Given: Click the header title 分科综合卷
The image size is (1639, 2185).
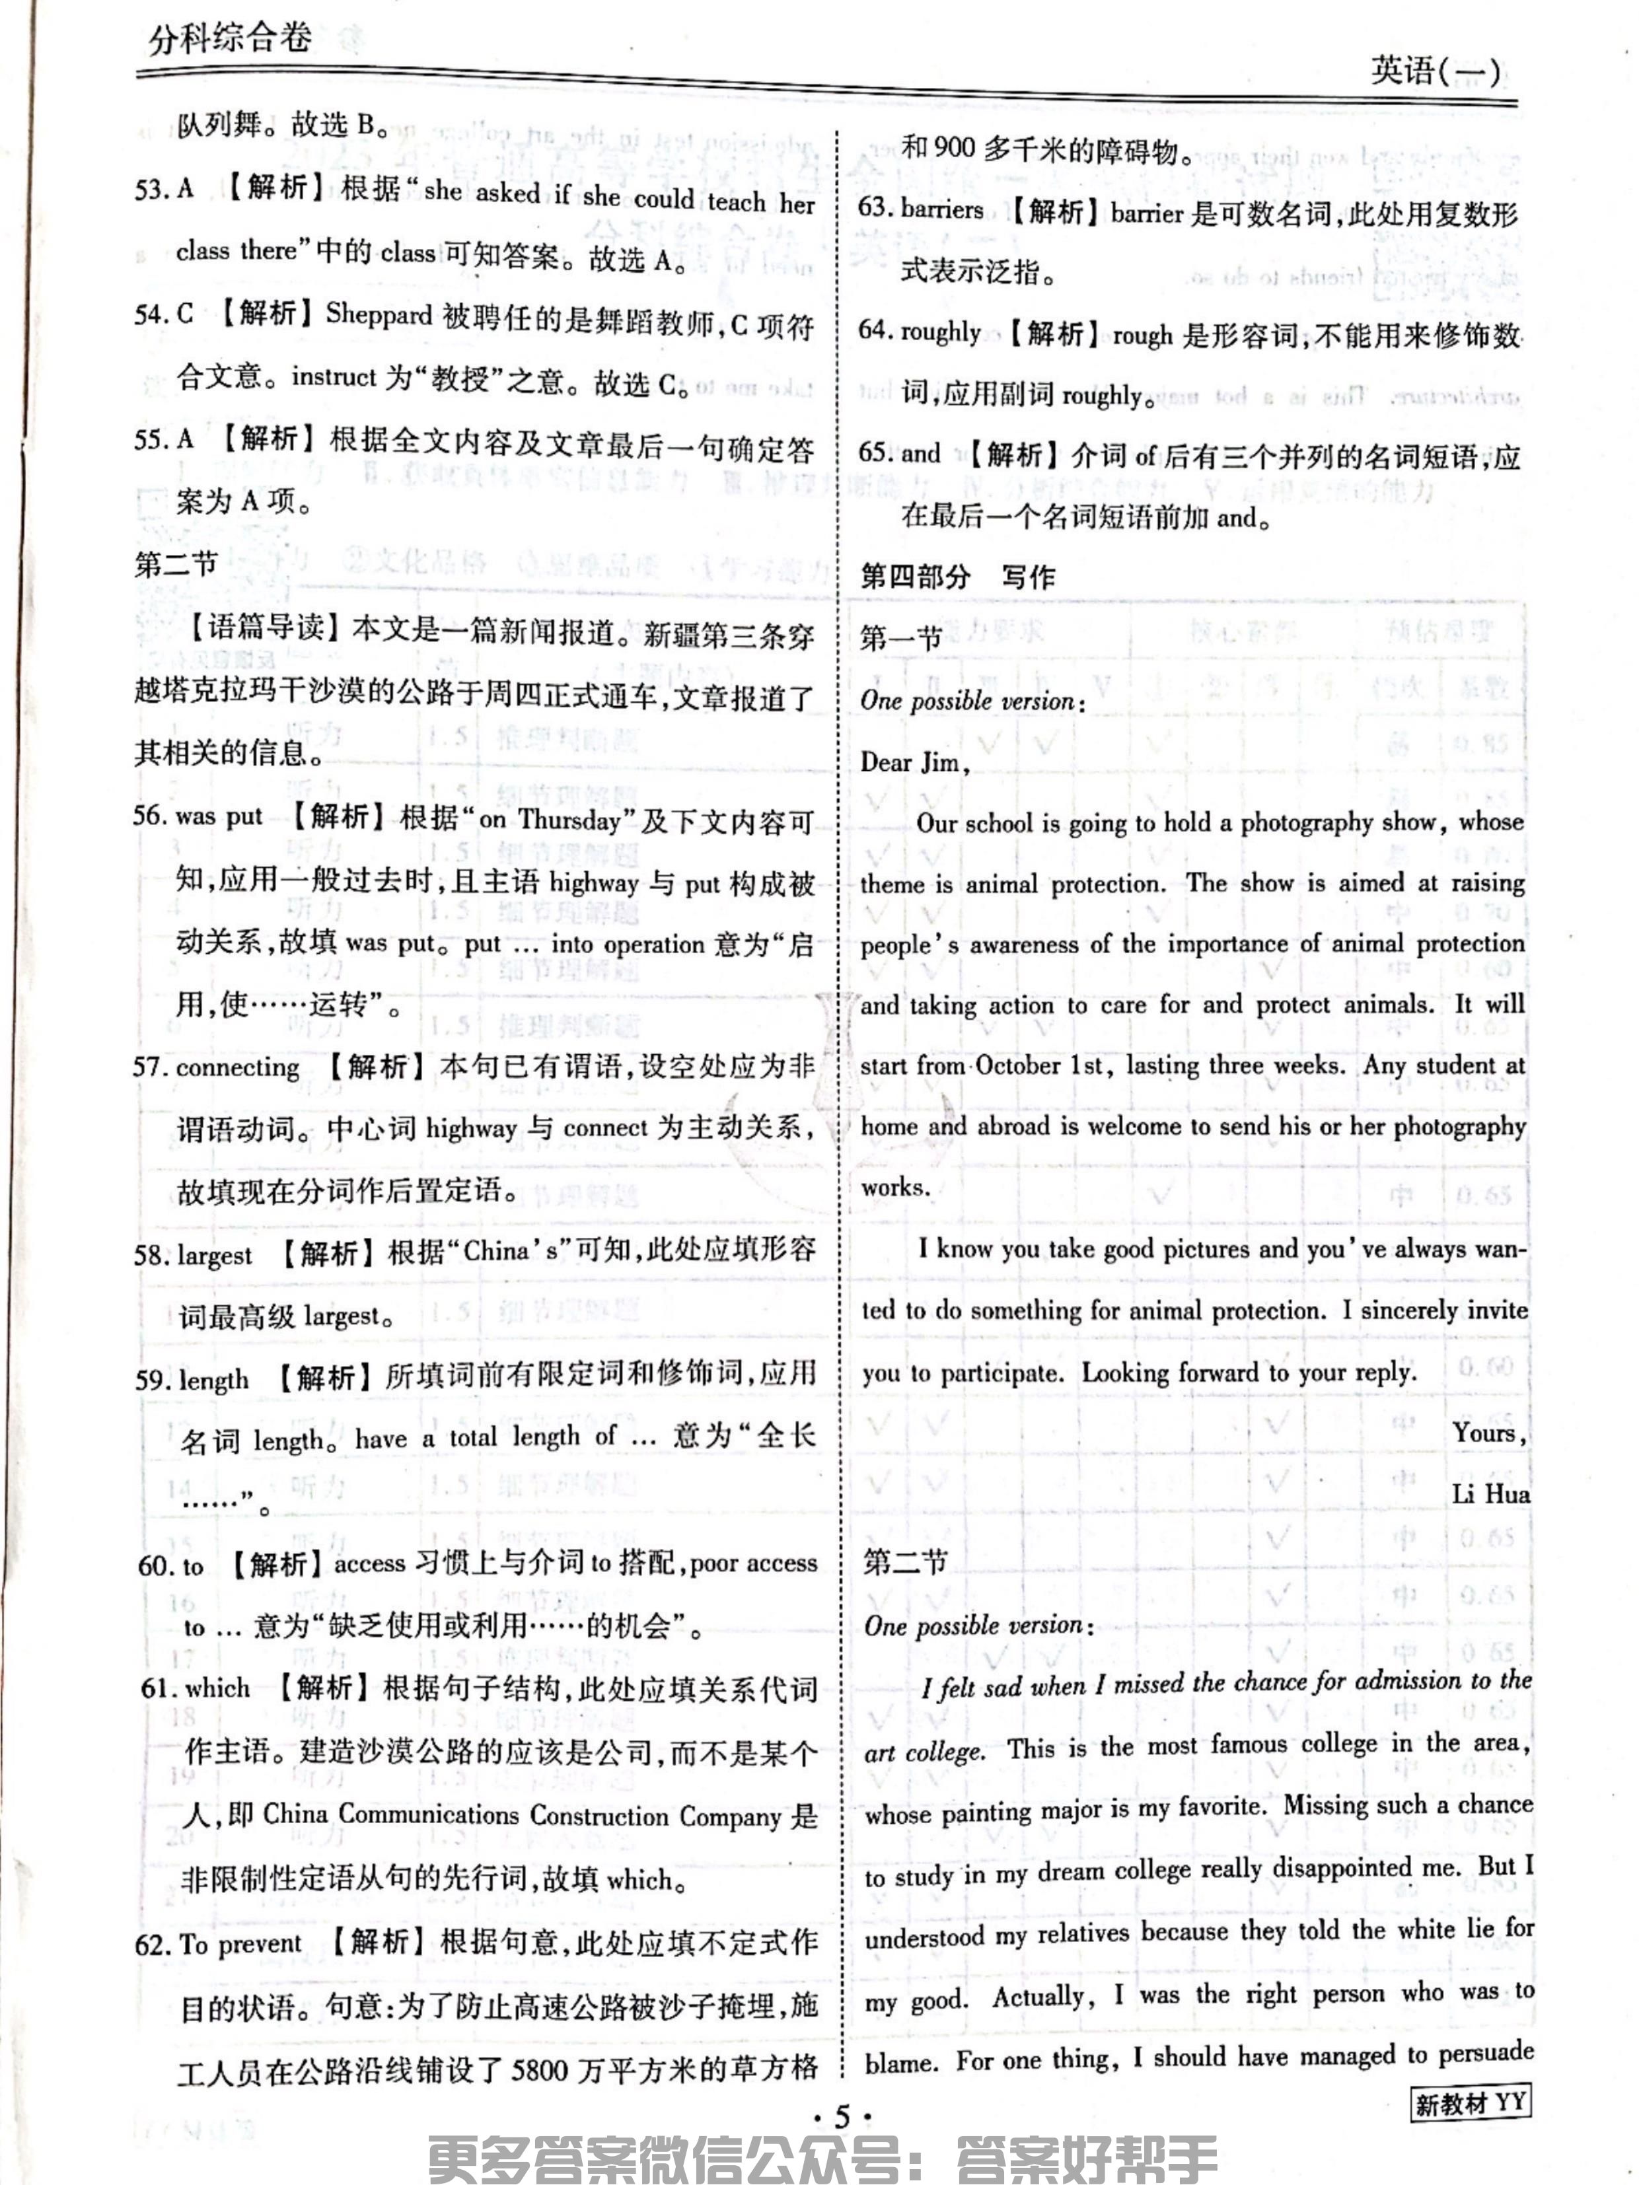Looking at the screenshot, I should pos(230,40).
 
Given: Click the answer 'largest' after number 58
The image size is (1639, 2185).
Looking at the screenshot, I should pos(215,1254).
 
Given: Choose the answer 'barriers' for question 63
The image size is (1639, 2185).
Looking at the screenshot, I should pos(941,209).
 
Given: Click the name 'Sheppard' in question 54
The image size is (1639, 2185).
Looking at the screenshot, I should pos(379,315).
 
